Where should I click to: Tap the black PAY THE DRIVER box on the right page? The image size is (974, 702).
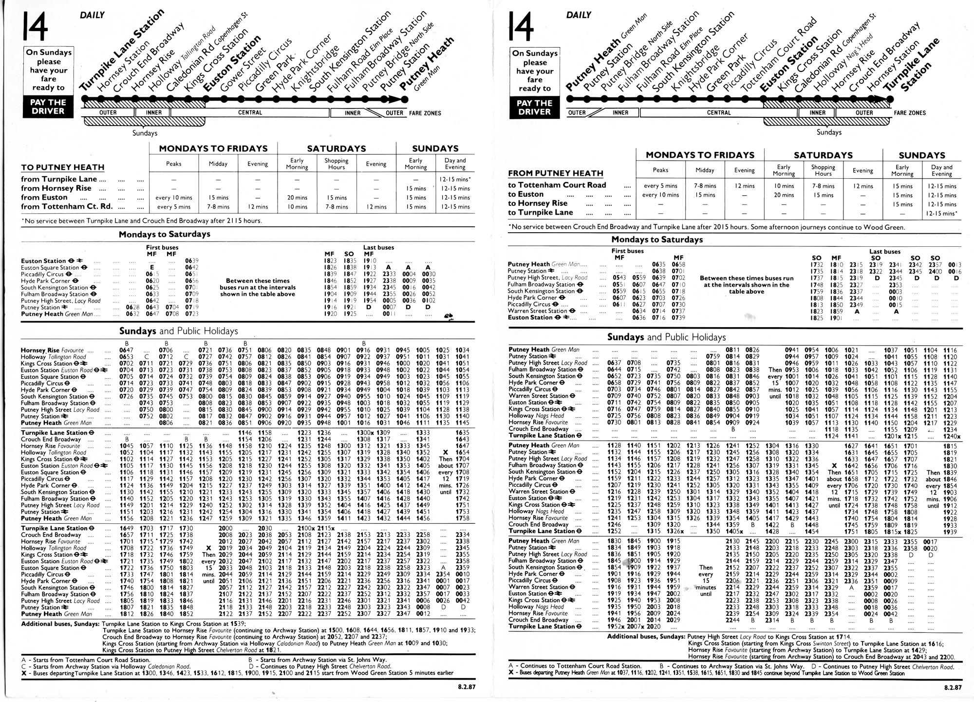point(534,108)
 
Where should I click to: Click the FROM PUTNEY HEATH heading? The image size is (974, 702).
point(555,173)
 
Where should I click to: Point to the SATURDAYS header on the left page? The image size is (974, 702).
point(336,148)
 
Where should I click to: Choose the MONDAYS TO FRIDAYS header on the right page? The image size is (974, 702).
point(700,155)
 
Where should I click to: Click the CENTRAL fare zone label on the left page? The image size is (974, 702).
point(250,113)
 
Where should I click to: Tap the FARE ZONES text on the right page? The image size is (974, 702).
point(910,113)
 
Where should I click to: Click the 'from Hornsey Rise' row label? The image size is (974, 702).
point(56,188)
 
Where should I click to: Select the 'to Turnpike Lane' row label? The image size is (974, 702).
point(541,212)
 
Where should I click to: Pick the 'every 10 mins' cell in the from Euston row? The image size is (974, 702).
point(173,198)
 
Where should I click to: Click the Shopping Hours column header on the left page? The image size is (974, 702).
point(337,164)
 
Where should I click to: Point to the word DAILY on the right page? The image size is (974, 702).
point(579,15)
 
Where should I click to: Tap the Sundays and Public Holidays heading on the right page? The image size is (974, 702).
point(666,337)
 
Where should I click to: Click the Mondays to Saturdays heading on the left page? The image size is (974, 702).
point(165,234)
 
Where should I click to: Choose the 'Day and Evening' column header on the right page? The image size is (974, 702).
point(941,170)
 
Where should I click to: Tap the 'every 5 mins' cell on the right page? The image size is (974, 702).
point(660,186)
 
